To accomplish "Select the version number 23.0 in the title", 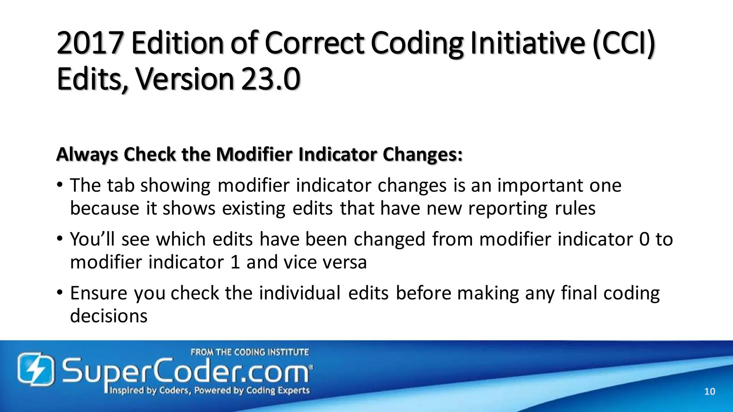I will tap(271, 79).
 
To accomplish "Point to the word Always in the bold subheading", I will tap(87, 154).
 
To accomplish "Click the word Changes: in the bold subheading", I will tap(422, 154).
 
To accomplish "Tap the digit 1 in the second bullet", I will tap(235, 262).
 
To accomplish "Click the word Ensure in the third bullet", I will tap(98, 293).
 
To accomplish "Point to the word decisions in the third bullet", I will tap(108, 316).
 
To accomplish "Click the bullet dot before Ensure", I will tap(60, 293).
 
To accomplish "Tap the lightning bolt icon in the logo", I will tap(36, 369).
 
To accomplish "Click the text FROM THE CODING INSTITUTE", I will tap(249, 352).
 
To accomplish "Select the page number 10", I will tap(709, 392).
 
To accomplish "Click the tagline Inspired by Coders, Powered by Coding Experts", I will tap(209, 390).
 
